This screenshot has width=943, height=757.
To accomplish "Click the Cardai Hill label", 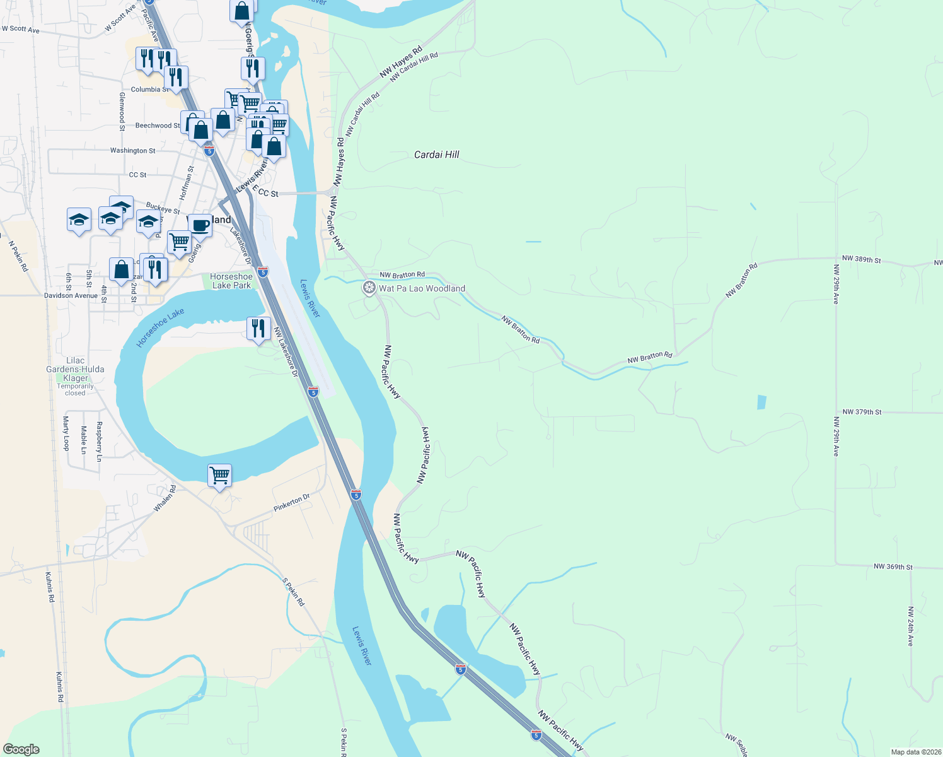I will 436,155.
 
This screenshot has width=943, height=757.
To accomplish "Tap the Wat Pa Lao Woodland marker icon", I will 369,288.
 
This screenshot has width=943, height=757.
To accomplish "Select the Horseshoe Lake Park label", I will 231,281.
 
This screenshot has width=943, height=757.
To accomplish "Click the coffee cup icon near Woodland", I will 200,225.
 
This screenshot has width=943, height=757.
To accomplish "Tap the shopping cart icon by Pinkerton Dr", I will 219,475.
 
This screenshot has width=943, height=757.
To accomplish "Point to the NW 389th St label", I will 861,259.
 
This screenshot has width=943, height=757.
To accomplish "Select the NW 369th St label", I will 893,567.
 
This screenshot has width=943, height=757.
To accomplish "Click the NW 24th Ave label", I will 910,626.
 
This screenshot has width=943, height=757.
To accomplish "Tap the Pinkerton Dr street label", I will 292,503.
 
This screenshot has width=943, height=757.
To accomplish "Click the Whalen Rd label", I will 165,498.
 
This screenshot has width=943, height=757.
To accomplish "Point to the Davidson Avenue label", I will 71,295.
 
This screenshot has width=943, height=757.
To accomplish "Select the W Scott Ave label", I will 21,29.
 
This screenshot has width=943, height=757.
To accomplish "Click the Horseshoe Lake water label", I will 160,327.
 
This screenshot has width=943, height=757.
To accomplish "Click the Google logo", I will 21,749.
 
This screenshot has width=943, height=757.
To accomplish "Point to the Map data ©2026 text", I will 915,752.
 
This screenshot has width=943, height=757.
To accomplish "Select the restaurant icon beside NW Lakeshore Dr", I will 258,329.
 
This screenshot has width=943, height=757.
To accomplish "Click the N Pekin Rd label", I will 19,256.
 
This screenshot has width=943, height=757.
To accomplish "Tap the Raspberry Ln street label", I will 99,442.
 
